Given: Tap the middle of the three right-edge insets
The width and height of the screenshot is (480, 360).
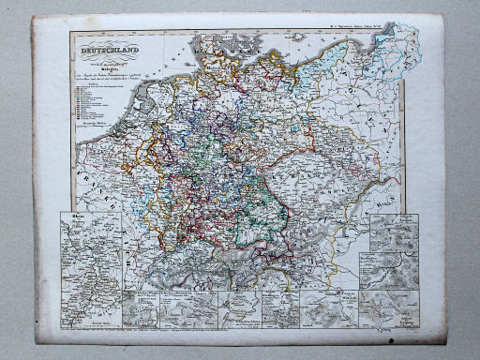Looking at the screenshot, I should [x=393, y=267].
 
